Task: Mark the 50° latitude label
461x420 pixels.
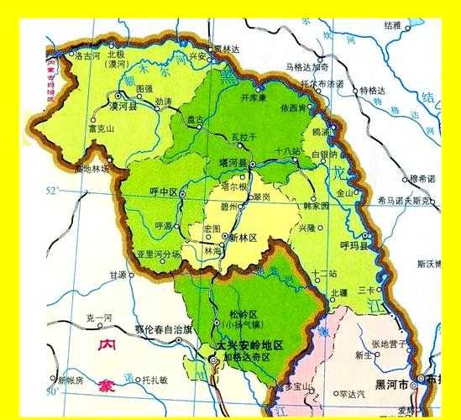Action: tap(52, 391)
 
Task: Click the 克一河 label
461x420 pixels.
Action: tap(97, 317)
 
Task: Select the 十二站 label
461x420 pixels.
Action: tap(322, 274)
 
